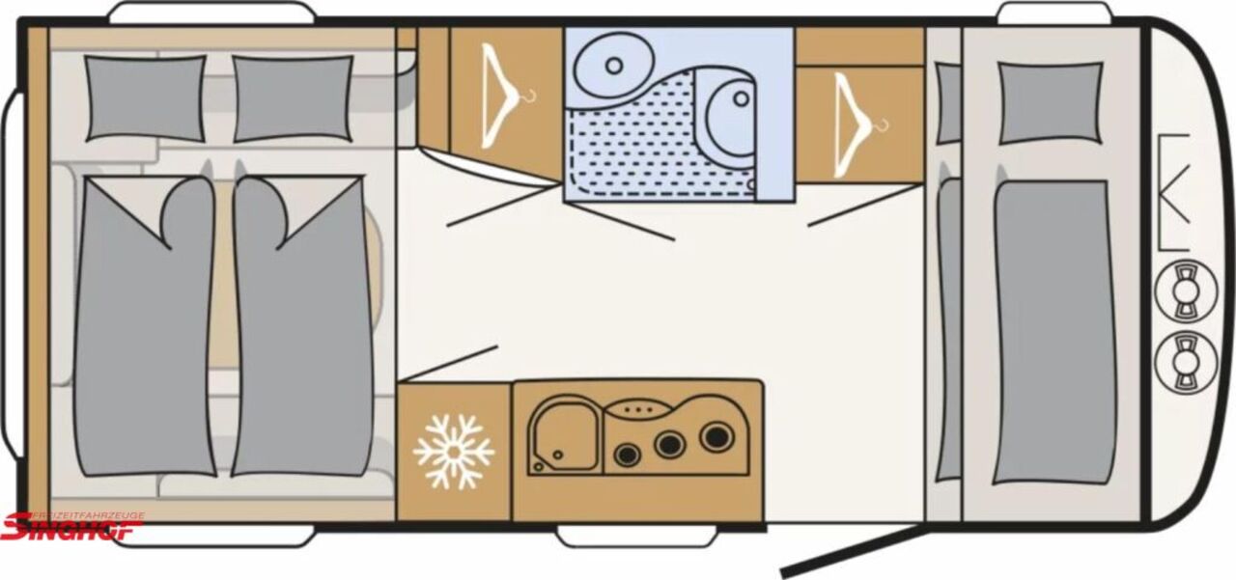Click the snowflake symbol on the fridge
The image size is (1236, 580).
[x=453, y=452]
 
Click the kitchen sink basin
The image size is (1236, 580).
[x=561, y=438]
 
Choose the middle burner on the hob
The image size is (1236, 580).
[x=669, y=445]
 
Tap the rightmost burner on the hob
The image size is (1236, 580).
[x=715, y=436]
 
